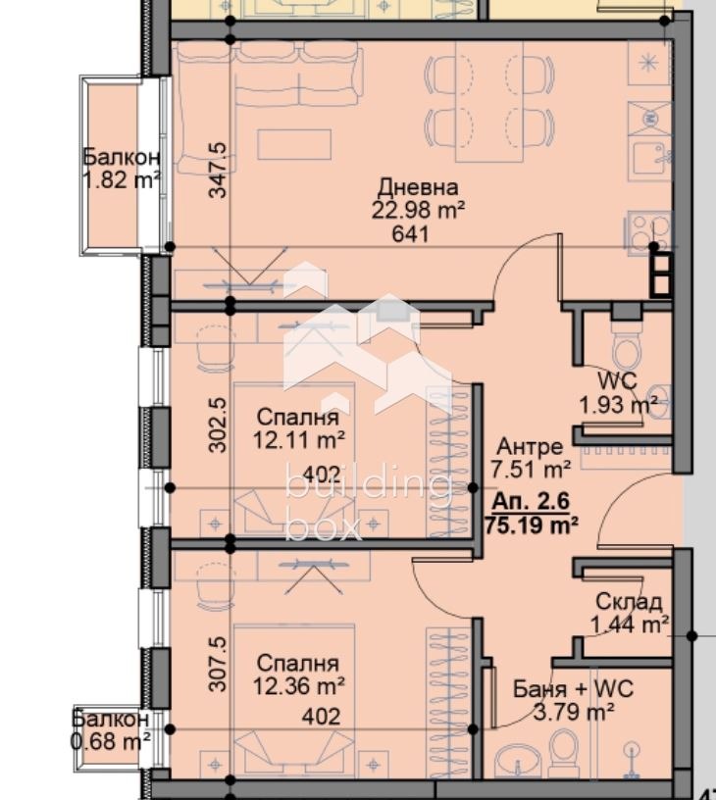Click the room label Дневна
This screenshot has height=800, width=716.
tap(418, 187)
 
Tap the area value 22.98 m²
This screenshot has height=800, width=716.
tap(418, 209)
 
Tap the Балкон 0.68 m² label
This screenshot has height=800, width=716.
tap(111, 729)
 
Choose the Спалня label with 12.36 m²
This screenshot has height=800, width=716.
tap(299, 664)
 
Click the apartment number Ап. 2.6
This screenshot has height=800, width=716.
tap(530, 501)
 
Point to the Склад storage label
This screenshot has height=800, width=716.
tap(628, 601)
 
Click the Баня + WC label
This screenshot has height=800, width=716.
tap(573, 689)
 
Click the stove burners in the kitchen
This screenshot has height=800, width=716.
tap(648, 232)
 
